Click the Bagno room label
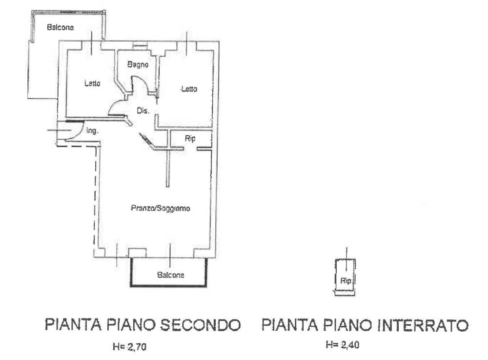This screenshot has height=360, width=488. click(x=138, y=64)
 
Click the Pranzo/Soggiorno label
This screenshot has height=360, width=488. click(x=160, y=208)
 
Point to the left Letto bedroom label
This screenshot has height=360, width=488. click(x=92, y=84)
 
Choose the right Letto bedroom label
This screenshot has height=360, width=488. click(x=189, y=89)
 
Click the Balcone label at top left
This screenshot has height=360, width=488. click(x=60, y=28)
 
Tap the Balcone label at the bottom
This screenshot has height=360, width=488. click(x=170, y=275)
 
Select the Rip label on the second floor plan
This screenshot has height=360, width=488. click(x=190, y=139)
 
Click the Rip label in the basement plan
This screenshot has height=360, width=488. click(x=345, y=281)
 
